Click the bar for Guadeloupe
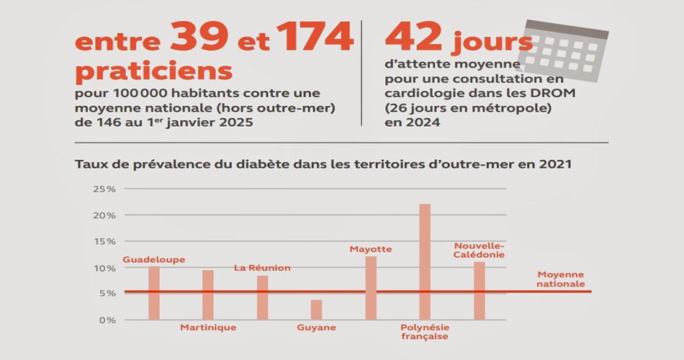coord(153,293)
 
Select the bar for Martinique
coord(208,295)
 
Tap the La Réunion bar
coord(262,298)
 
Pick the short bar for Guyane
coord(316,310)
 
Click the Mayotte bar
coord(371,288)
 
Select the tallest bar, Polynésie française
coord(425,262)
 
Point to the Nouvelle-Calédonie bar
coord(479,291)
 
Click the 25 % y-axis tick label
coord(104,189)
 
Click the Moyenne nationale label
coord(561,279)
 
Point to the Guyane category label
coord(316,328)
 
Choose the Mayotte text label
coord(371,249)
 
